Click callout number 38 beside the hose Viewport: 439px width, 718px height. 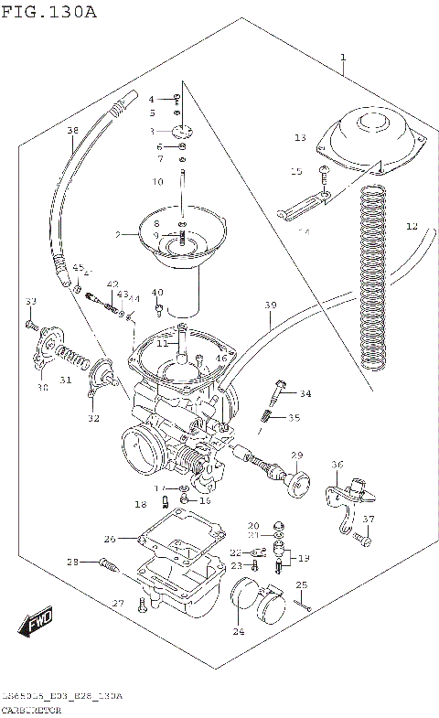(x=72, y=131)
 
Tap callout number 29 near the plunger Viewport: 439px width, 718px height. (x=296, y=455)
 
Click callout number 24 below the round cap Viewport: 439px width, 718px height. (x=239, y=631)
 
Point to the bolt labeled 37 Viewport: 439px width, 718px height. (x=365, y=540)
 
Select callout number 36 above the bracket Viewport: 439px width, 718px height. (x=336, y=466)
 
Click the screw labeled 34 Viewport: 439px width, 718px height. (x=276, y=391)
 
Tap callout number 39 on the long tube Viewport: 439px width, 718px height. (x=270, y=304)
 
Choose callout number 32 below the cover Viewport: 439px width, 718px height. (x=93, y=419)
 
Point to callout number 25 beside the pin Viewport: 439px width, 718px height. (x=301, y=585)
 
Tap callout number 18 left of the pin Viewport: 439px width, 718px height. (x=140, y=504)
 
